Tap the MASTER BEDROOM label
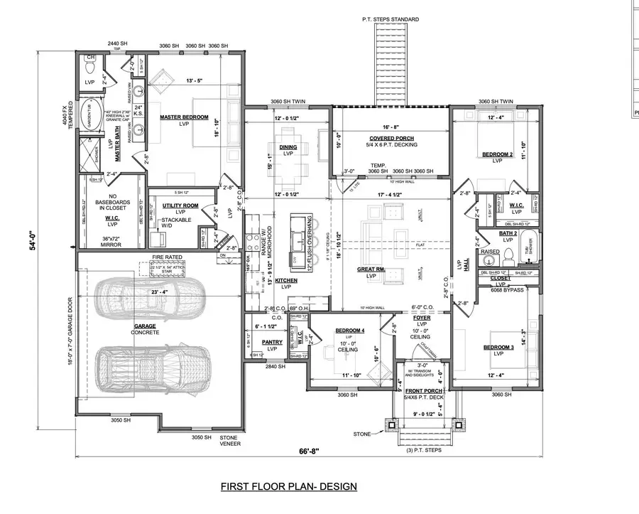(183, 117)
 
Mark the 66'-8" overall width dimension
(306, 452)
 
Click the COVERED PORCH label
(391, 138)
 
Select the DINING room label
(288, 147)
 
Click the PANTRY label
(272, 342)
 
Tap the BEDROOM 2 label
(497, 154)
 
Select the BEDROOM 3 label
(497, 347)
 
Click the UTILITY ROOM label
(173, 205)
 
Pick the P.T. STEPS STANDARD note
(390, 19)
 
